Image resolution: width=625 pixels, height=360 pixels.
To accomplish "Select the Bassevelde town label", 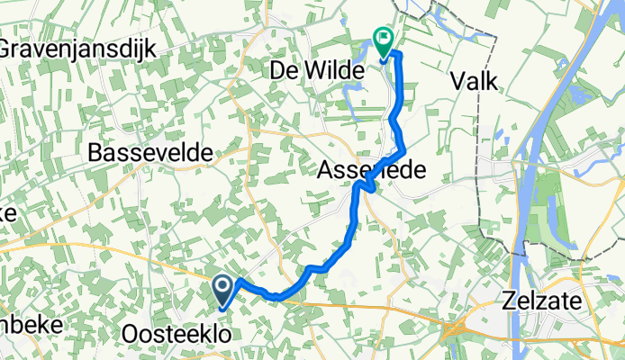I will click(150, 154).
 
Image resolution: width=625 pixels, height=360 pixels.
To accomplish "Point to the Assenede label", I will click(370, 170).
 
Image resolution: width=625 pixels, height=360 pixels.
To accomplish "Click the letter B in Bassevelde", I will click(96, 154).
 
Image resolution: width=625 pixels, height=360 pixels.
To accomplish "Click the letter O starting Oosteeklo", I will click(129, 335).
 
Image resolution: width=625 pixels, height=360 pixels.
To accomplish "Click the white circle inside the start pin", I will click(224, 286).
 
